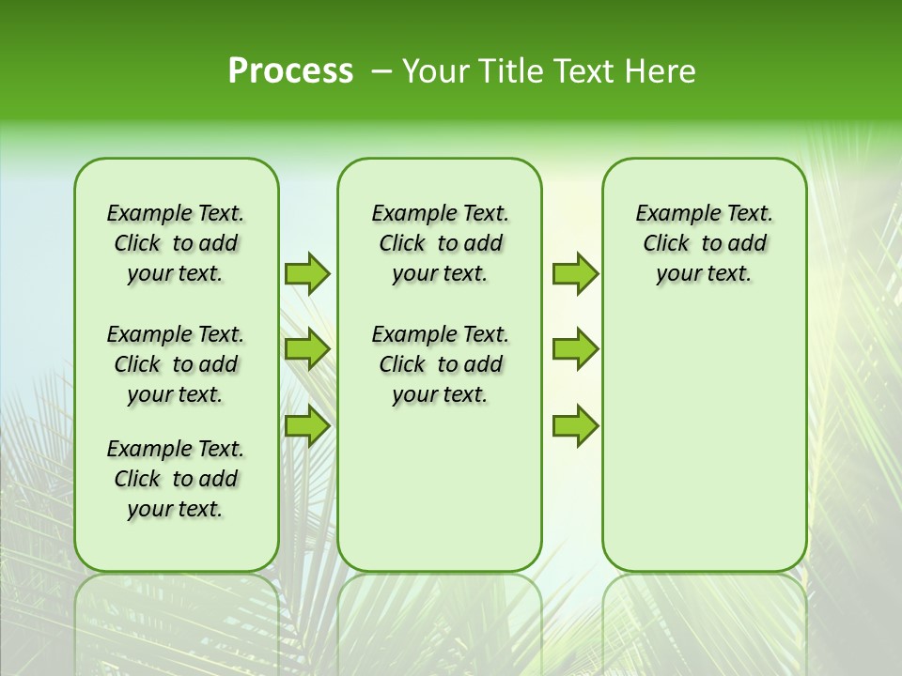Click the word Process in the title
click(290, 71)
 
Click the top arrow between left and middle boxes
click(307, 273)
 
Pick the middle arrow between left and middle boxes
click(307, 349)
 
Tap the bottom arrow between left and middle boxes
click(307, 426)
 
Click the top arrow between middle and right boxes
click(575, 273)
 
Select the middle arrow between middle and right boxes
click(575, 349)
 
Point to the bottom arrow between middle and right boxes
click(575, 426)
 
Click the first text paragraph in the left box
click(176, 243)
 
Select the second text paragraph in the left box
click(176, 364)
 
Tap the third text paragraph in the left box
click(176, 479)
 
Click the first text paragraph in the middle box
click(440, 243)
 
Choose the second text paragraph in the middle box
click(440, 364)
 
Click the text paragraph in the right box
click(704, 243)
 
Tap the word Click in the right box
click(666, 244)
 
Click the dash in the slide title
click(381, 71)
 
